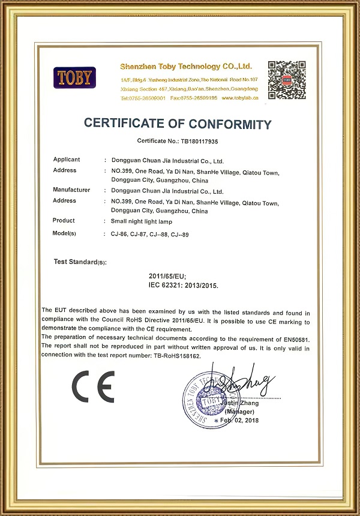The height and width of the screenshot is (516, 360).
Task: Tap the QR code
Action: click(x=286, y=79)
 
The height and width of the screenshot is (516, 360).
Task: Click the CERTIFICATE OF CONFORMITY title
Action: click(x=178, y=124)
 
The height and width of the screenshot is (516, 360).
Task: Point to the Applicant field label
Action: click(x=67, y=160)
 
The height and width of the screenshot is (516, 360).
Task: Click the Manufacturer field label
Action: click(x=71, y=190)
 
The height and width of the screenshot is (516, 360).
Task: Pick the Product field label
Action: click(x=64, y=221)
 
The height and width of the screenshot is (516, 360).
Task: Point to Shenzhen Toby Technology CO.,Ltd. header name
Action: click(x=186, y=66)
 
